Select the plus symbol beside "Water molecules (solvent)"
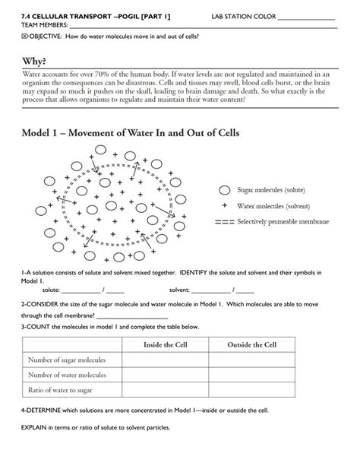225,206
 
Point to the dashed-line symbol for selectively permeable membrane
224,222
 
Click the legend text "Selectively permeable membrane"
283,222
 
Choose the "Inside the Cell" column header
166,345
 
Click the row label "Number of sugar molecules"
66,360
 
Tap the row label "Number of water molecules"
66,376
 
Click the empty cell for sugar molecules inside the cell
166,360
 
